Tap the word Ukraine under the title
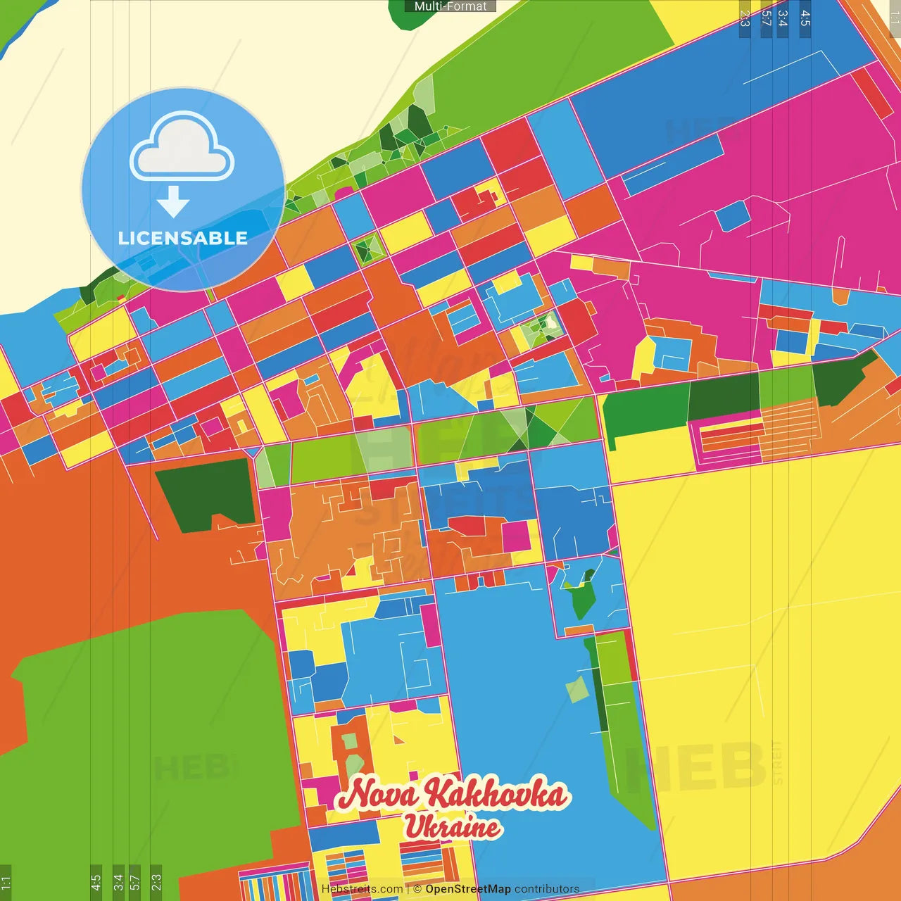click(x=453, y=827)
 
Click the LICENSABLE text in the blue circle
click(x=182, y=238)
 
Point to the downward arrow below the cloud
click(x=173, y=202)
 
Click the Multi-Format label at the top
click(x=450, y=6)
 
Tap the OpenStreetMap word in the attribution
click(x=467, y=889)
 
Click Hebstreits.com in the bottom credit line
click(x=362, y=889)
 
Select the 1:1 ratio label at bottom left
click(x=6, y=882)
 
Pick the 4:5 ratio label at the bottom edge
click(x=96, y=881)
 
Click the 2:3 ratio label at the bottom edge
click(x=156, y=881)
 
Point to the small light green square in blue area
click(x=577, y=689)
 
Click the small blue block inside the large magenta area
click(x=732, y=215)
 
